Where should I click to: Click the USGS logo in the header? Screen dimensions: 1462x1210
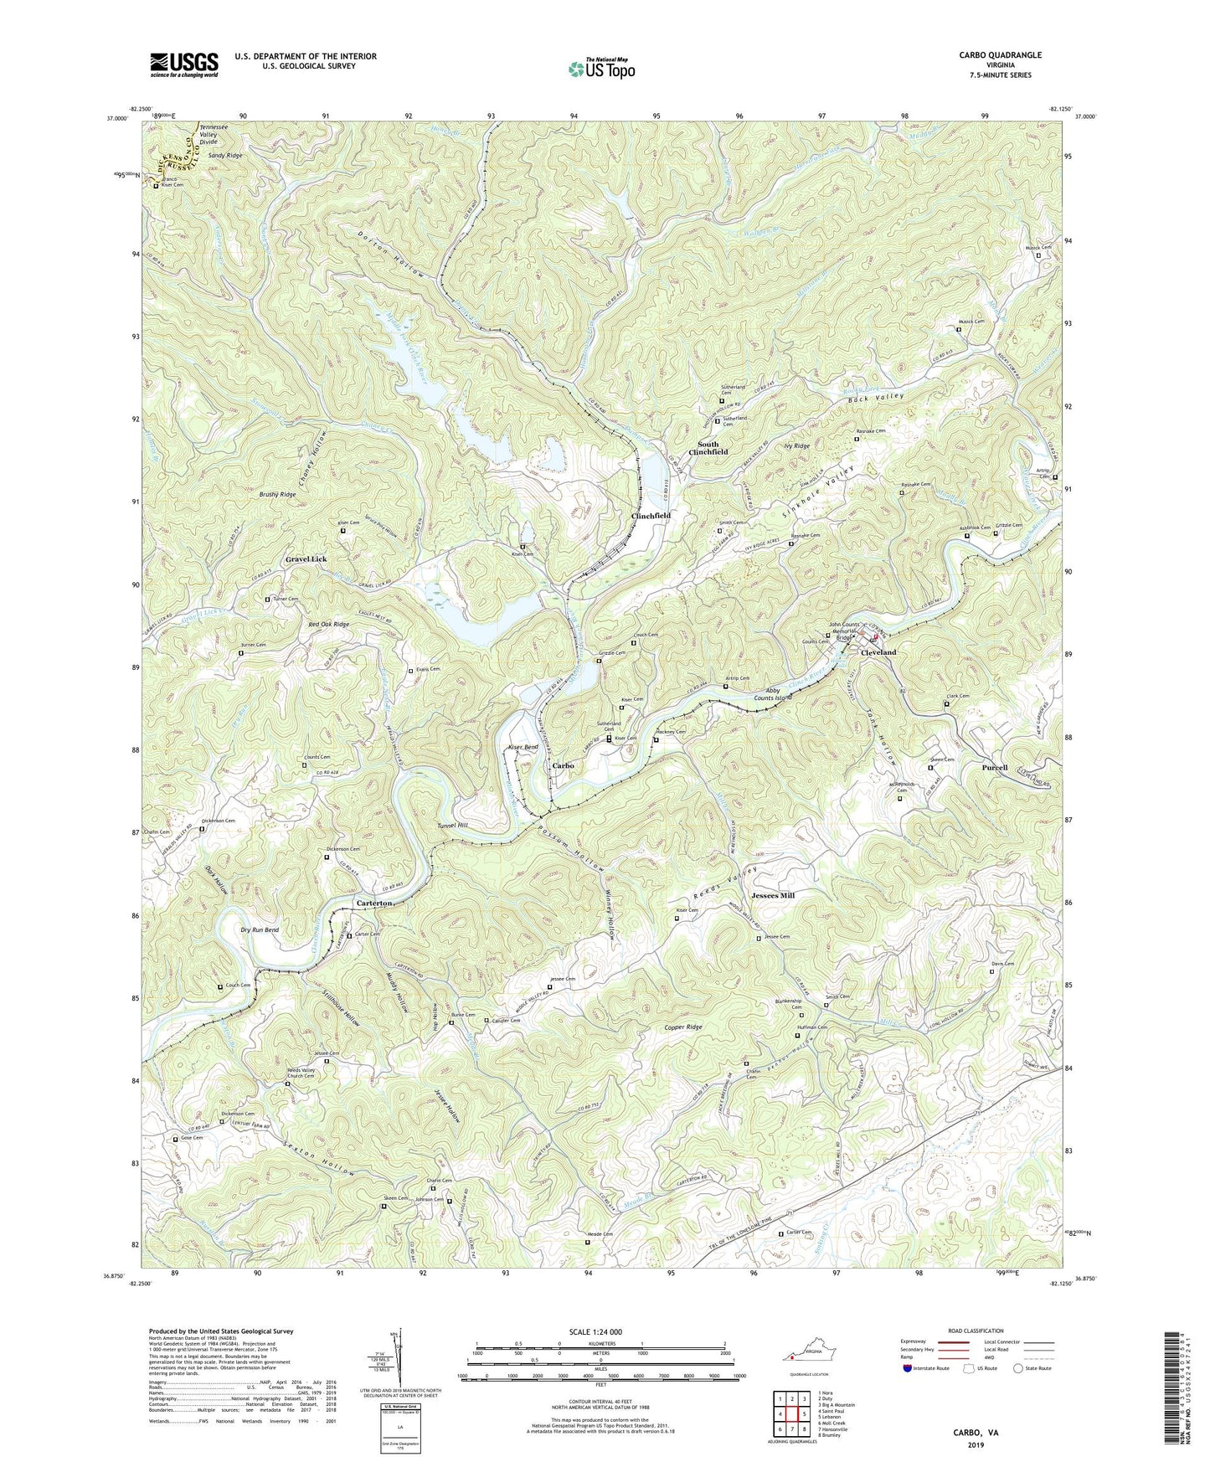(184, 64)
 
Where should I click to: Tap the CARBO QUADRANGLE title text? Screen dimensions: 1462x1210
(1001, 55)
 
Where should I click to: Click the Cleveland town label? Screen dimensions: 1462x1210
(878, 652)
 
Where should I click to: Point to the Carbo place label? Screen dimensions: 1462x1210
(562, 766)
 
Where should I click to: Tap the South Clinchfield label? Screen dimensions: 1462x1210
(708, 448)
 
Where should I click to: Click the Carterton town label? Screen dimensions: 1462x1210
(373, 904)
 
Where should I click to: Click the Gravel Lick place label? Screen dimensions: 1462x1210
(306, 559)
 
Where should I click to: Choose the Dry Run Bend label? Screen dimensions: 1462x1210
(259, 930)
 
